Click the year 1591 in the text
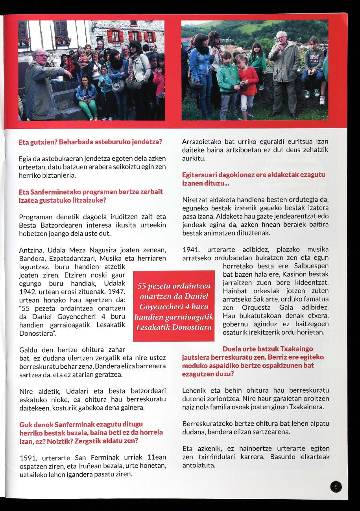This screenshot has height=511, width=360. coord(28,458)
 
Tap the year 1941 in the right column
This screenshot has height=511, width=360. coord(191,250)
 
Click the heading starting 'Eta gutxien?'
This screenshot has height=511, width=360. coord(90,142)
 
